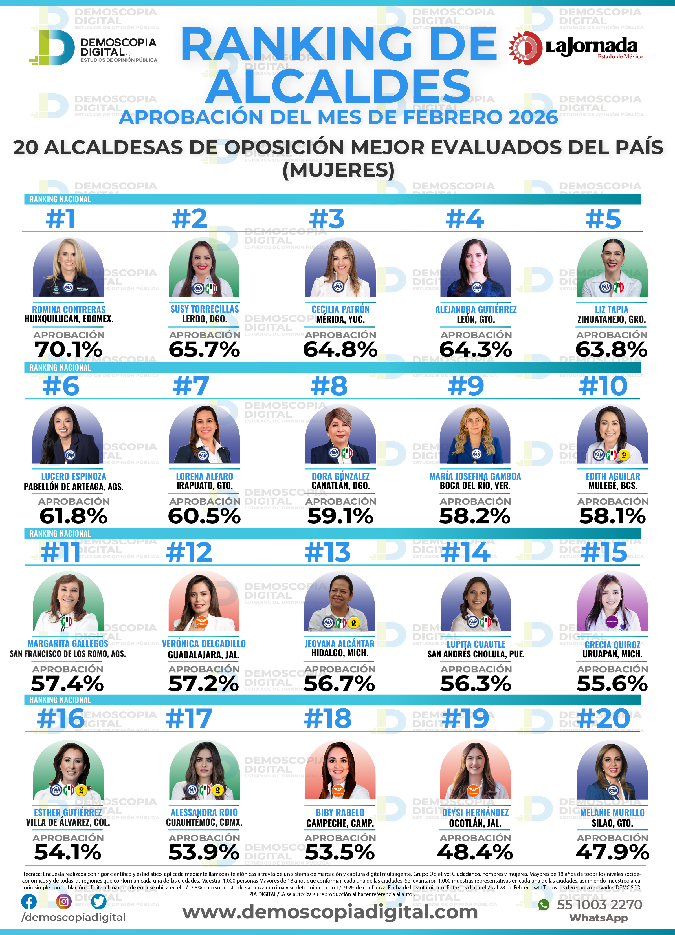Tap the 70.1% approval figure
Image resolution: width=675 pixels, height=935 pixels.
pyautogui.click(x=69, y=350)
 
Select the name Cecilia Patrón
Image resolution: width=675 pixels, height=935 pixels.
pyautogui.click(x=340, y=309)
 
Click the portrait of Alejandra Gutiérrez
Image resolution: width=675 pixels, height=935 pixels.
pyautogui.click(x=476, y=268)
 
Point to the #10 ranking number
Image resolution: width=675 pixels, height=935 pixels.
pyautogui.click(x=603, y=386)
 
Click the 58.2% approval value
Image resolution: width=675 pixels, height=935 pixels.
pyautogui.click(x=475, y=516)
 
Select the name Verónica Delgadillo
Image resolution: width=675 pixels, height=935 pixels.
pyautogui.click(x=204, y=644)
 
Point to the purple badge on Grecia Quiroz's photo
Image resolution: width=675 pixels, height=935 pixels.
pyautogui.click(x=612, y=621)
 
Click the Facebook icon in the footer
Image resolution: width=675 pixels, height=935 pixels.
pyautogui.click(x=29, y=902)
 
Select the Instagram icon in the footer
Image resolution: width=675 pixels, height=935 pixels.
pyautogui.click(x=63, y=902)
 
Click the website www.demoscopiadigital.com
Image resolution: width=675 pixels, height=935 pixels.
pyautogui.click(x=330, y=912)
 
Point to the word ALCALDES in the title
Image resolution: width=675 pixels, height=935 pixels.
pyautogui.click(x=338, y=86)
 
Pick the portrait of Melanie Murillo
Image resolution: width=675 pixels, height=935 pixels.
pyautogui.click(x=612, y=771)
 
